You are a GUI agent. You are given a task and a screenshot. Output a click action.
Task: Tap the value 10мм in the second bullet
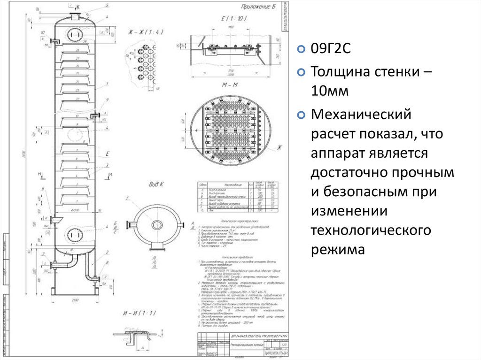point(329,92)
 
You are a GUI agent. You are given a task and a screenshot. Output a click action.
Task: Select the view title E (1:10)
point(230,19)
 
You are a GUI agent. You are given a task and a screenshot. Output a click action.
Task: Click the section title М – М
point(230,85)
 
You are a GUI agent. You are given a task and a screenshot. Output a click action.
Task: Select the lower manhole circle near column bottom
point(73,233)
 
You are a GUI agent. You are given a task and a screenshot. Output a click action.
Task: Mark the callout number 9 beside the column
point(108,100)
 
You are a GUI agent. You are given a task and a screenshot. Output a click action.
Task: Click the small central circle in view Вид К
point(155,224)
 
